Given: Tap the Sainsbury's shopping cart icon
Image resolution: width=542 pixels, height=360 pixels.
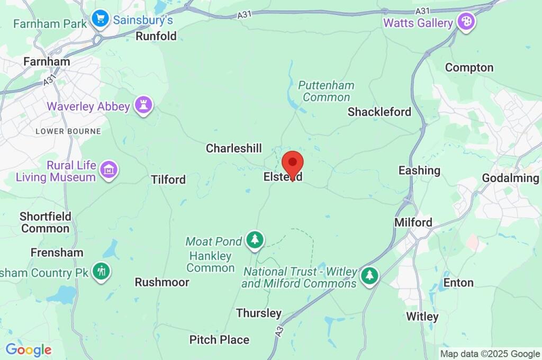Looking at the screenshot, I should [100, 20].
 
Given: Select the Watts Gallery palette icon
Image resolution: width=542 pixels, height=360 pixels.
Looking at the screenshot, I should [466, 22].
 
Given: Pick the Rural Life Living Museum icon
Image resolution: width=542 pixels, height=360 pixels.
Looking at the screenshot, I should [109, 170].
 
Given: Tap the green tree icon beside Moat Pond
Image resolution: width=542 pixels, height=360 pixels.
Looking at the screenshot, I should [255, 239].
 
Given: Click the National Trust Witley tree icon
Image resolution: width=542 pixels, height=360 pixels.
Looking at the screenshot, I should [369, 275].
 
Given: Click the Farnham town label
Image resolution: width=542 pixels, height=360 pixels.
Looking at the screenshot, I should [47, 61].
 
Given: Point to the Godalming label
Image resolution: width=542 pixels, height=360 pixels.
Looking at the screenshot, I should [510, 178].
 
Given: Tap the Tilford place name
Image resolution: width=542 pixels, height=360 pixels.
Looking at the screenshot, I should [168, 179].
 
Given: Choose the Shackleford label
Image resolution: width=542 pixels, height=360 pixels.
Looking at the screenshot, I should [379, 112].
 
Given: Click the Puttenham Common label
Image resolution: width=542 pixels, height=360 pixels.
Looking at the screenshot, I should [326, 91].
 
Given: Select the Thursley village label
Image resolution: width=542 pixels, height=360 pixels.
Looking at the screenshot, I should [259, 313].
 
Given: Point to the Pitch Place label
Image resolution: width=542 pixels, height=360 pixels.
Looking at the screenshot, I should [219, 339].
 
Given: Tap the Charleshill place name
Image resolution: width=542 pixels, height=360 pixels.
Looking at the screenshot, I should [234, 148].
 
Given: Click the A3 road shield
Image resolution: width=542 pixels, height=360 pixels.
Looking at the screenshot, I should [279, 330].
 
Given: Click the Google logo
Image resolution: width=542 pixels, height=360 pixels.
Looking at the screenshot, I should [29, 349].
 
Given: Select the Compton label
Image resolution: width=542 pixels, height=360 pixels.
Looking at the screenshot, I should [469, 68].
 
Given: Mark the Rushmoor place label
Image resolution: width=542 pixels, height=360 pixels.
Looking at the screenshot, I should [162, 282].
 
